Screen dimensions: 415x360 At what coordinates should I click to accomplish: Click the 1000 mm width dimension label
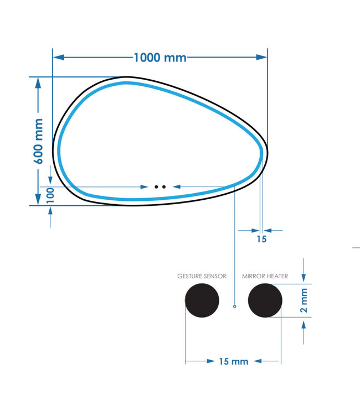(160, 58)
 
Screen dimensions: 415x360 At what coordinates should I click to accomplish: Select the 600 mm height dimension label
(38, 141)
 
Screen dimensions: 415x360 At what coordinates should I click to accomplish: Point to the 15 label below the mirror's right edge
(261, 239)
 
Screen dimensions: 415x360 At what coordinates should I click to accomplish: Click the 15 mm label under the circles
(233, 361)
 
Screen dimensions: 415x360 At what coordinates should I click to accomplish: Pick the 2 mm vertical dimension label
(304, 300)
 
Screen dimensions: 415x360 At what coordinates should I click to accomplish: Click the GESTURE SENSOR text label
(202, 276)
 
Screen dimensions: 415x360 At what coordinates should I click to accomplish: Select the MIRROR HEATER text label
(265, 276)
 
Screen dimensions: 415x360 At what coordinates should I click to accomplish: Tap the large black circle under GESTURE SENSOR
(202, 300)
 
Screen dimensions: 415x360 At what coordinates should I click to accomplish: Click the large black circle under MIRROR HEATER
(265, 300)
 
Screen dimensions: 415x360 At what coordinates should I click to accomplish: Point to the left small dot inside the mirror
(157, 187)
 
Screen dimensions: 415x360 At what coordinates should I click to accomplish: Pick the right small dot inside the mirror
(164, 187)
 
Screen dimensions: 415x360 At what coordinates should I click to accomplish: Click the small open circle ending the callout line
(235, 306)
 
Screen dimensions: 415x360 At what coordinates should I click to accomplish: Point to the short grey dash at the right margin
(356, 248)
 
